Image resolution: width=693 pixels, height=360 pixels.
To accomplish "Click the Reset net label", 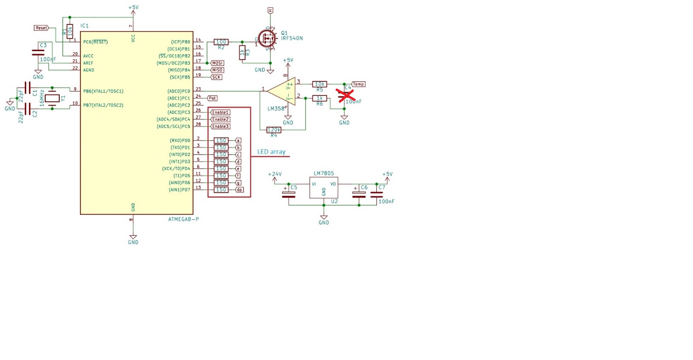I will coord(41,28).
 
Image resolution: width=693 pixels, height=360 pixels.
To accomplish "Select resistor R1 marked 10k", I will coord(69,31).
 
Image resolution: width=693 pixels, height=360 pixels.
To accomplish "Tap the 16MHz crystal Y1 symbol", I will coord(53,98).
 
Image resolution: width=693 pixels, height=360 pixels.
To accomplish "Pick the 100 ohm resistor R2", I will coord(221,42).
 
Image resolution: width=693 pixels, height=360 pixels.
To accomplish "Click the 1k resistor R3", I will coord(242,52).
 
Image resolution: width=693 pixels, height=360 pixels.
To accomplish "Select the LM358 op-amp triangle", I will coord(281,91).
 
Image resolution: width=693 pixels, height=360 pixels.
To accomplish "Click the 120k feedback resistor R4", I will coord(274,130).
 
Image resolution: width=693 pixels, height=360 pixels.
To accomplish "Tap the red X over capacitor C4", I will coord(345,95).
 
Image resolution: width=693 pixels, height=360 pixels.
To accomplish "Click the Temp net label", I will coord(358,84).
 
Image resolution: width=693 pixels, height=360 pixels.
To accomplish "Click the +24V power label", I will coord(275,174).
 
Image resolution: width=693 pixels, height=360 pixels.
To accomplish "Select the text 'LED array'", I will coord(271,152).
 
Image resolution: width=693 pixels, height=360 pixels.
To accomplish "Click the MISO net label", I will coord(217,70).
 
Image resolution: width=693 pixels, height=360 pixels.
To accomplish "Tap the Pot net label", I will coord(212,98).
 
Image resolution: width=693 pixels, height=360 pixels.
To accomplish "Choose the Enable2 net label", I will coord(220,119).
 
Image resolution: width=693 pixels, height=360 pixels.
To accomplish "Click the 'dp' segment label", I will coord(239,190).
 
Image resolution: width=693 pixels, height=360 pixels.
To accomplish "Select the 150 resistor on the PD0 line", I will coord(221,141).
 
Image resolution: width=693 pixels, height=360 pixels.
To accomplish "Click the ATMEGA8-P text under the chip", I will coord(183,219).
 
